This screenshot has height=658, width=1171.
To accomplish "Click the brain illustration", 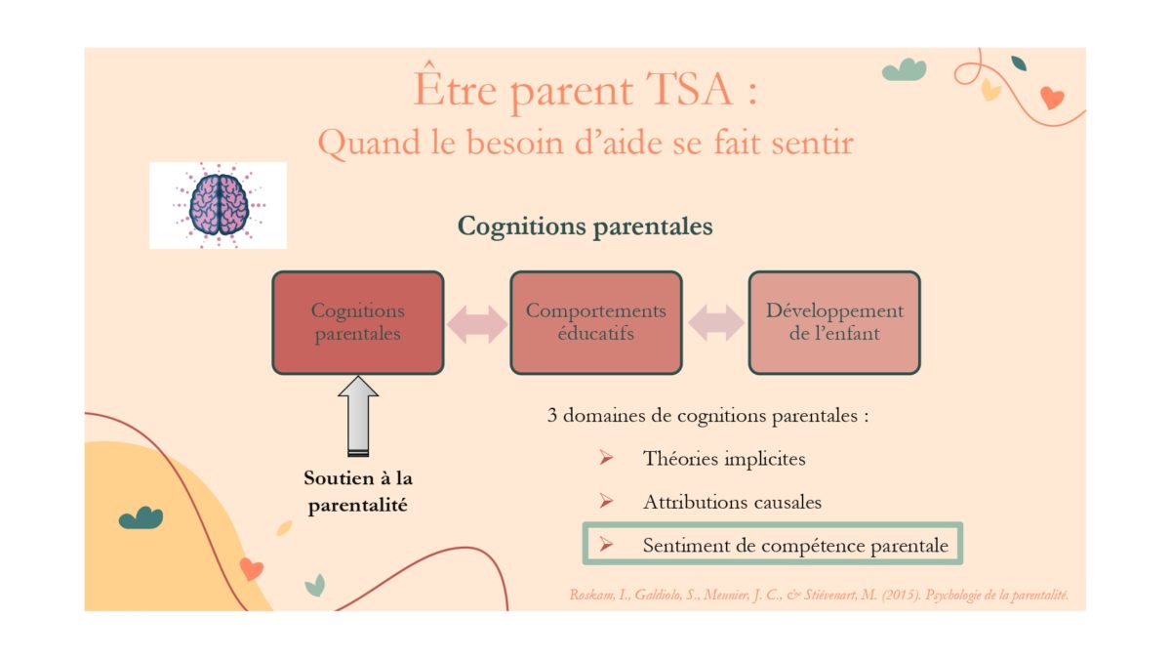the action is (x=219, y=205).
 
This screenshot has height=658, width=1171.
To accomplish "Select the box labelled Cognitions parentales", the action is (x=358, y=322).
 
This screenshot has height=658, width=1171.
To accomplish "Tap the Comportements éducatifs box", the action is (x=596, y=322).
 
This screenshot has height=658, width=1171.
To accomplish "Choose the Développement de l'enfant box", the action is (x=834, y=322).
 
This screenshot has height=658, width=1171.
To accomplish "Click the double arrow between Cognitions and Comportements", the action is (x=477, y=324).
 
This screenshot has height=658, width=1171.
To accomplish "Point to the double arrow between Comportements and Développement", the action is (x=715, y=323).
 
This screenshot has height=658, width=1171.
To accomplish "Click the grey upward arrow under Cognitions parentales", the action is (x=358, y=416).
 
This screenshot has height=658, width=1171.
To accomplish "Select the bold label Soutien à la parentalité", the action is (x=358, y=492).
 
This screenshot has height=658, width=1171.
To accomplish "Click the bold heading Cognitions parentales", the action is (x=585, y=226).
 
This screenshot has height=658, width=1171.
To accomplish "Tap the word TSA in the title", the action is (x=689, y=90).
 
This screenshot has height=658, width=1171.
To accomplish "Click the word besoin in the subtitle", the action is (x=515, y=143).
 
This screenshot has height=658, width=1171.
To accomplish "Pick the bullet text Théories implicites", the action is (x=724, y=459).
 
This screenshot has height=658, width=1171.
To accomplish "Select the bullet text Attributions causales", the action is (x=732, y=502).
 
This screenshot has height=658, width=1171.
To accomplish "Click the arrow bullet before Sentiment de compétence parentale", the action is (x=606, y=545).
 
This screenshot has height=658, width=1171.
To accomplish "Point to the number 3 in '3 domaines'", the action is (x=552, y=416).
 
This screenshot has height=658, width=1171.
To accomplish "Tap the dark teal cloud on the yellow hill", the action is (x=141, y=517).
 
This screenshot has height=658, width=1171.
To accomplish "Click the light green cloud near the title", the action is (x=904, y=69).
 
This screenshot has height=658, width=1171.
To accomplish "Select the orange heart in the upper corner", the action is (x=1052, y=98).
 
